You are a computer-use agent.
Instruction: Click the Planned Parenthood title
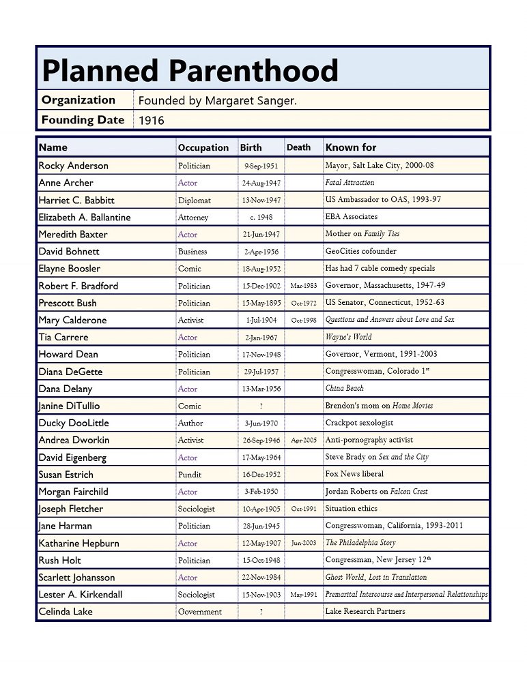coord(190,71)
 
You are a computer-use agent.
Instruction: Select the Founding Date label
coord(83,120)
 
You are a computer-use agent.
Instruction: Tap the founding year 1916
coord(151,121)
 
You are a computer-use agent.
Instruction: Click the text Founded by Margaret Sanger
coord(217,101)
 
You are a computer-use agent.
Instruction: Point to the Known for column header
coord(350,147)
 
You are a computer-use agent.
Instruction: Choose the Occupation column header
coord(203,147)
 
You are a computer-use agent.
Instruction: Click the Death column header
coord(298,147)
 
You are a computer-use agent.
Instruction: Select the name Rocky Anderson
coord(73,166)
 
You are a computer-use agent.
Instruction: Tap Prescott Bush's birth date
coord(261,303)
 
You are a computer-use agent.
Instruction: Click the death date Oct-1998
coord(303,320)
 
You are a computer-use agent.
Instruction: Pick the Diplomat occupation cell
coord(195,201)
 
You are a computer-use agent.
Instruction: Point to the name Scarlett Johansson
coord(76,578)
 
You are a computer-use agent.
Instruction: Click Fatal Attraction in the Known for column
coord(350,183)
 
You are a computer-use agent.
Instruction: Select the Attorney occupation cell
coord(193,218)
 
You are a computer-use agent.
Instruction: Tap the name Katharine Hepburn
coord(79,544)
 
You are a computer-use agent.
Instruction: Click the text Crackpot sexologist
coord(359,423)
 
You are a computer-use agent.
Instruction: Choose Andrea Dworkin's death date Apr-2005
coord(303,441)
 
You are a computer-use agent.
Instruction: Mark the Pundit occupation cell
coord(190,475)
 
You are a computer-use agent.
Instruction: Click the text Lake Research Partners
coord(365,612)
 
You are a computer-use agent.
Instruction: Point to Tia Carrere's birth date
coord(261,338)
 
